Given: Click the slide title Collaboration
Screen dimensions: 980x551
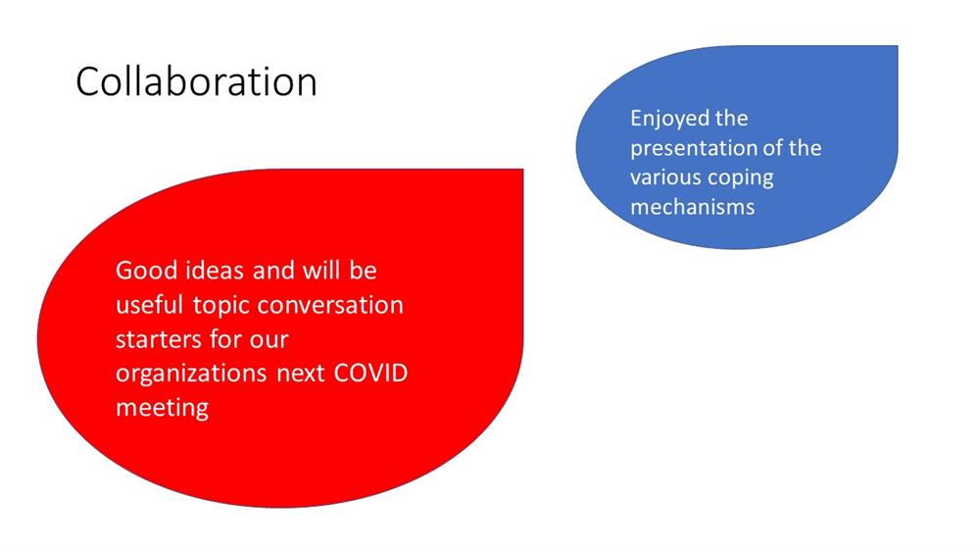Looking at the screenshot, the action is [196, 81].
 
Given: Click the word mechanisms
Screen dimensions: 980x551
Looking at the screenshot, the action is [693, 207].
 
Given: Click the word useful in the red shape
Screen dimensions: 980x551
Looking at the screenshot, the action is [149, 305].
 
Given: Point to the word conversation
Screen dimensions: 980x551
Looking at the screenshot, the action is [330, 305].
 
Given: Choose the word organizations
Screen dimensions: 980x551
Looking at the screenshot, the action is [191, 374].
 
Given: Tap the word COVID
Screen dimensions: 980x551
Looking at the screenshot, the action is [370, 373].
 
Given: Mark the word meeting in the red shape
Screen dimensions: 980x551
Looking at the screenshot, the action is [163, 409].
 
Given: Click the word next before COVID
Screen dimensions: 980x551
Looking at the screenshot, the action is [301, 374].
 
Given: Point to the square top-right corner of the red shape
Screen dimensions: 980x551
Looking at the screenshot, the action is [523, 169].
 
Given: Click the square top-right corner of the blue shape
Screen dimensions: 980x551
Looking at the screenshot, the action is [898, 46].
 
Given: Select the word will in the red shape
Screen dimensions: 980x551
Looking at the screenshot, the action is [321, 271].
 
